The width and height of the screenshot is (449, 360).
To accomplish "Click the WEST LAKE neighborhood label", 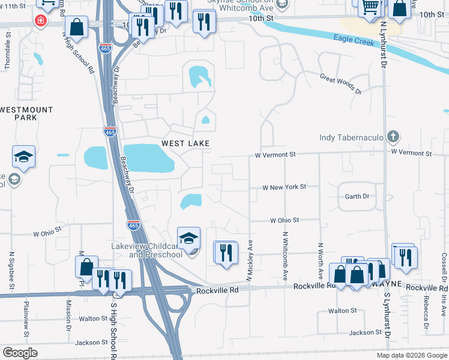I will pyautogui.click(x=185, y=143).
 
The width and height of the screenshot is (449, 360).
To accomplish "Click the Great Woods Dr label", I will pyautogui.click(x=341, y=83).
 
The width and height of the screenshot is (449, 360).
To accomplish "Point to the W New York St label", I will pyautogui.click(x=285, y=187).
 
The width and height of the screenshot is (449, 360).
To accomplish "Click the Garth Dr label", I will pyautogui.click(x=357, y=196).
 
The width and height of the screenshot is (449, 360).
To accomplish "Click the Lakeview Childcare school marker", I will pyautogui.click(x=188, y=237).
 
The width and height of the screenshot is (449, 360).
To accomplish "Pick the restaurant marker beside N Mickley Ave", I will pyautogui.click(x=226, y=252).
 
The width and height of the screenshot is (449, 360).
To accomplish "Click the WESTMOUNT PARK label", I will pyautogui.click(x=26, y=113).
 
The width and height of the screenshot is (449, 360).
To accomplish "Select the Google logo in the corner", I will pyautogui.click(x=20, y=353).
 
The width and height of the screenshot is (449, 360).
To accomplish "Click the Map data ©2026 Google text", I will pyautogui.click(x=411, y=355).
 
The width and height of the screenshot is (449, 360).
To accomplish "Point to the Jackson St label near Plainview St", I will pyautogui.click(x=92, y=343).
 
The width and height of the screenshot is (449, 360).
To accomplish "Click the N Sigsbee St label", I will pyautogui.click(x=11, y=270).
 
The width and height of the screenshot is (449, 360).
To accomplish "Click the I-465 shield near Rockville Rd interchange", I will pyautogui.click(x=133, y=225).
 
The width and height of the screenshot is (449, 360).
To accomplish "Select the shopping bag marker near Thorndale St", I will pyautogui.click(x=77, y=26).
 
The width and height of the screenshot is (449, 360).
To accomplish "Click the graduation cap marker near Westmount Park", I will pyautogui.click(x=23, y=157).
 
